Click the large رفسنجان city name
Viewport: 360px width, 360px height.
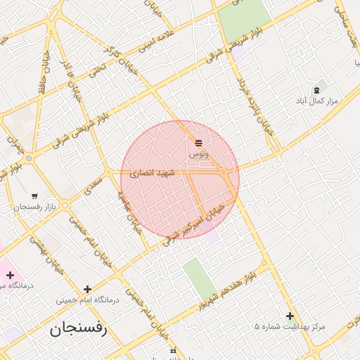coord(77,329)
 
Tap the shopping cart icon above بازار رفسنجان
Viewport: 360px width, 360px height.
coord(34,196)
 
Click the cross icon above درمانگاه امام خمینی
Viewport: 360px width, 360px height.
coord(87,289)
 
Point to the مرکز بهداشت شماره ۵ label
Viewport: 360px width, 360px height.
coord(290,327)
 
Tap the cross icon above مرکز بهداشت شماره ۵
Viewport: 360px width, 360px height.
coord(290,316)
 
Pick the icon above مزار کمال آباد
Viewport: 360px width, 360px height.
coord(316,91)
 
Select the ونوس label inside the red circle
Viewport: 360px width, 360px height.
coord(198,153)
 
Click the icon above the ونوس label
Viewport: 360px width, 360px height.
coord(198,143)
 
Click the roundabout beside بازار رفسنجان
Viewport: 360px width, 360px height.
coord(65,205)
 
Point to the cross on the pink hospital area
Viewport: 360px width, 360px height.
coord(10,275)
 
